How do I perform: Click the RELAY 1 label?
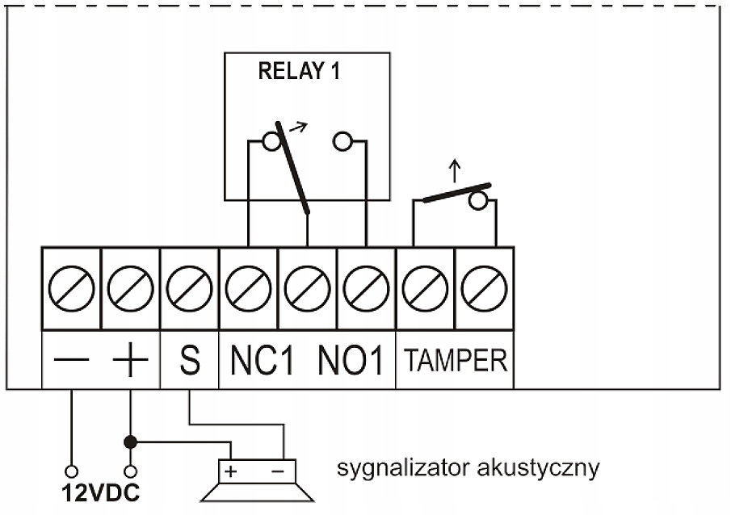pyautogui.click(x=299, y=71)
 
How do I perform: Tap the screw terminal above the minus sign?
pyautogui.click(x=71, y=288)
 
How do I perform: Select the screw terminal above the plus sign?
pyautogui.click(x=131, y=288)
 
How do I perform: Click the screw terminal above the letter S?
pyautogui.click(x=189, y=288)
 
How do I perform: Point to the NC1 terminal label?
pyautogui.click(x=263, y=360)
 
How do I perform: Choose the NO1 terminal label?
pyautogui.click(x=351, y=360)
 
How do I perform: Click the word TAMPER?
pyautogui.click(x=456, y=360)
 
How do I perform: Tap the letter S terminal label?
pyautogui.click(x=190, y=360)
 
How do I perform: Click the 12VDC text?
pyautogui.click(x=101, y=493)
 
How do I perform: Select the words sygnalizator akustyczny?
pyautogui.click(x=468, y=467)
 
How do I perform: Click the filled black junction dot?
pyautogui.click(x=131, y=442)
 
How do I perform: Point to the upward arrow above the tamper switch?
pyautogui.click(x=455, y=171)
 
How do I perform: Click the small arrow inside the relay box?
pyautogui.click(x=299, y=127)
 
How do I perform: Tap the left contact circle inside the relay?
pyautogui.click(x=271, y=141)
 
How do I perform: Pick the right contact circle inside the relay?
pyautogui.click(x=342, y=141)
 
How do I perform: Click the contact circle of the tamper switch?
pyautogui.click(x=478, y=201)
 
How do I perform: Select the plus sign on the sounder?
pyautogui.click(x=231, y=471)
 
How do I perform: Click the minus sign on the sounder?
pyautogui.click(x=278, y=471)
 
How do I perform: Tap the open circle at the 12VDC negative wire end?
pyautogui.click(x=71, y=471)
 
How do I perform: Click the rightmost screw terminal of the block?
pyautogui.click(x=484, y=288)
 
